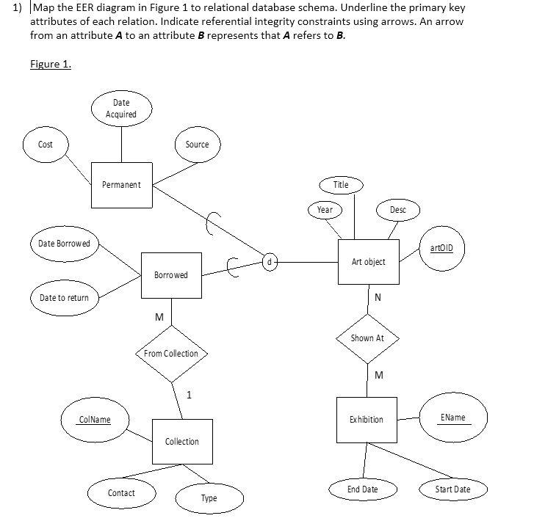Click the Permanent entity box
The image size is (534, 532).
(121, 185)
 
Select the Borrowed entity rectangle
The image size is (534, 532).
(171, 275)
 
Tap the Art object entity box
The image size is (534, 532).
(368, 262)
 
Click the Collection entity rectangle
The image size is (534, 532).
(182, 441)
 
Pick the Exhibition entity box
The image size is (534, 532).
(366, 420)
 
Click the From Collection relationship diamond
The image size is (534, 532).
(171, 354)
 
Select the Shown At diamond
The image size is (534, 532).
(367, 338)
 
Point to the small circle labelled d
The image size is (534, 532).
(270, 260)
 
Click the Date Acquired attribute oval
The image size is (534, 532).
(121, 109)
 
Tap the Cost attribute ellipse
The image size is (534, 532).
(46, 145)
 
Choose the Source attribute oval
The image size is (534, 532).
(197, 145)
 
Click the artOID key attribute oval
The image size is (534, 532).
(442, 249)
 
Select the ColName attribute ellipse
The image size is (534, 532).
(95, 420)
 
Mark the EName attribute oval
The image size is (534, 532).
(452, 418)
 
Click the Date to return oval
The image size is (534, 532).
(64, 298)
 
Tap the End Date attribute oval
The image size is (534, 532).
(363, 489)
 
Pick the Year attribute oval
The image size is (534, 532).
(325, 210)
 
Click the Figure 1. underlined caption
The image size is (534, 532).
(51, 64)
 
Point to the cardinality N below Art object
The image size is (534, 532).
(378, 298)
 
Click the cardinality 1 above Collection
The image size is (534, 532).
(189, 396)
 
